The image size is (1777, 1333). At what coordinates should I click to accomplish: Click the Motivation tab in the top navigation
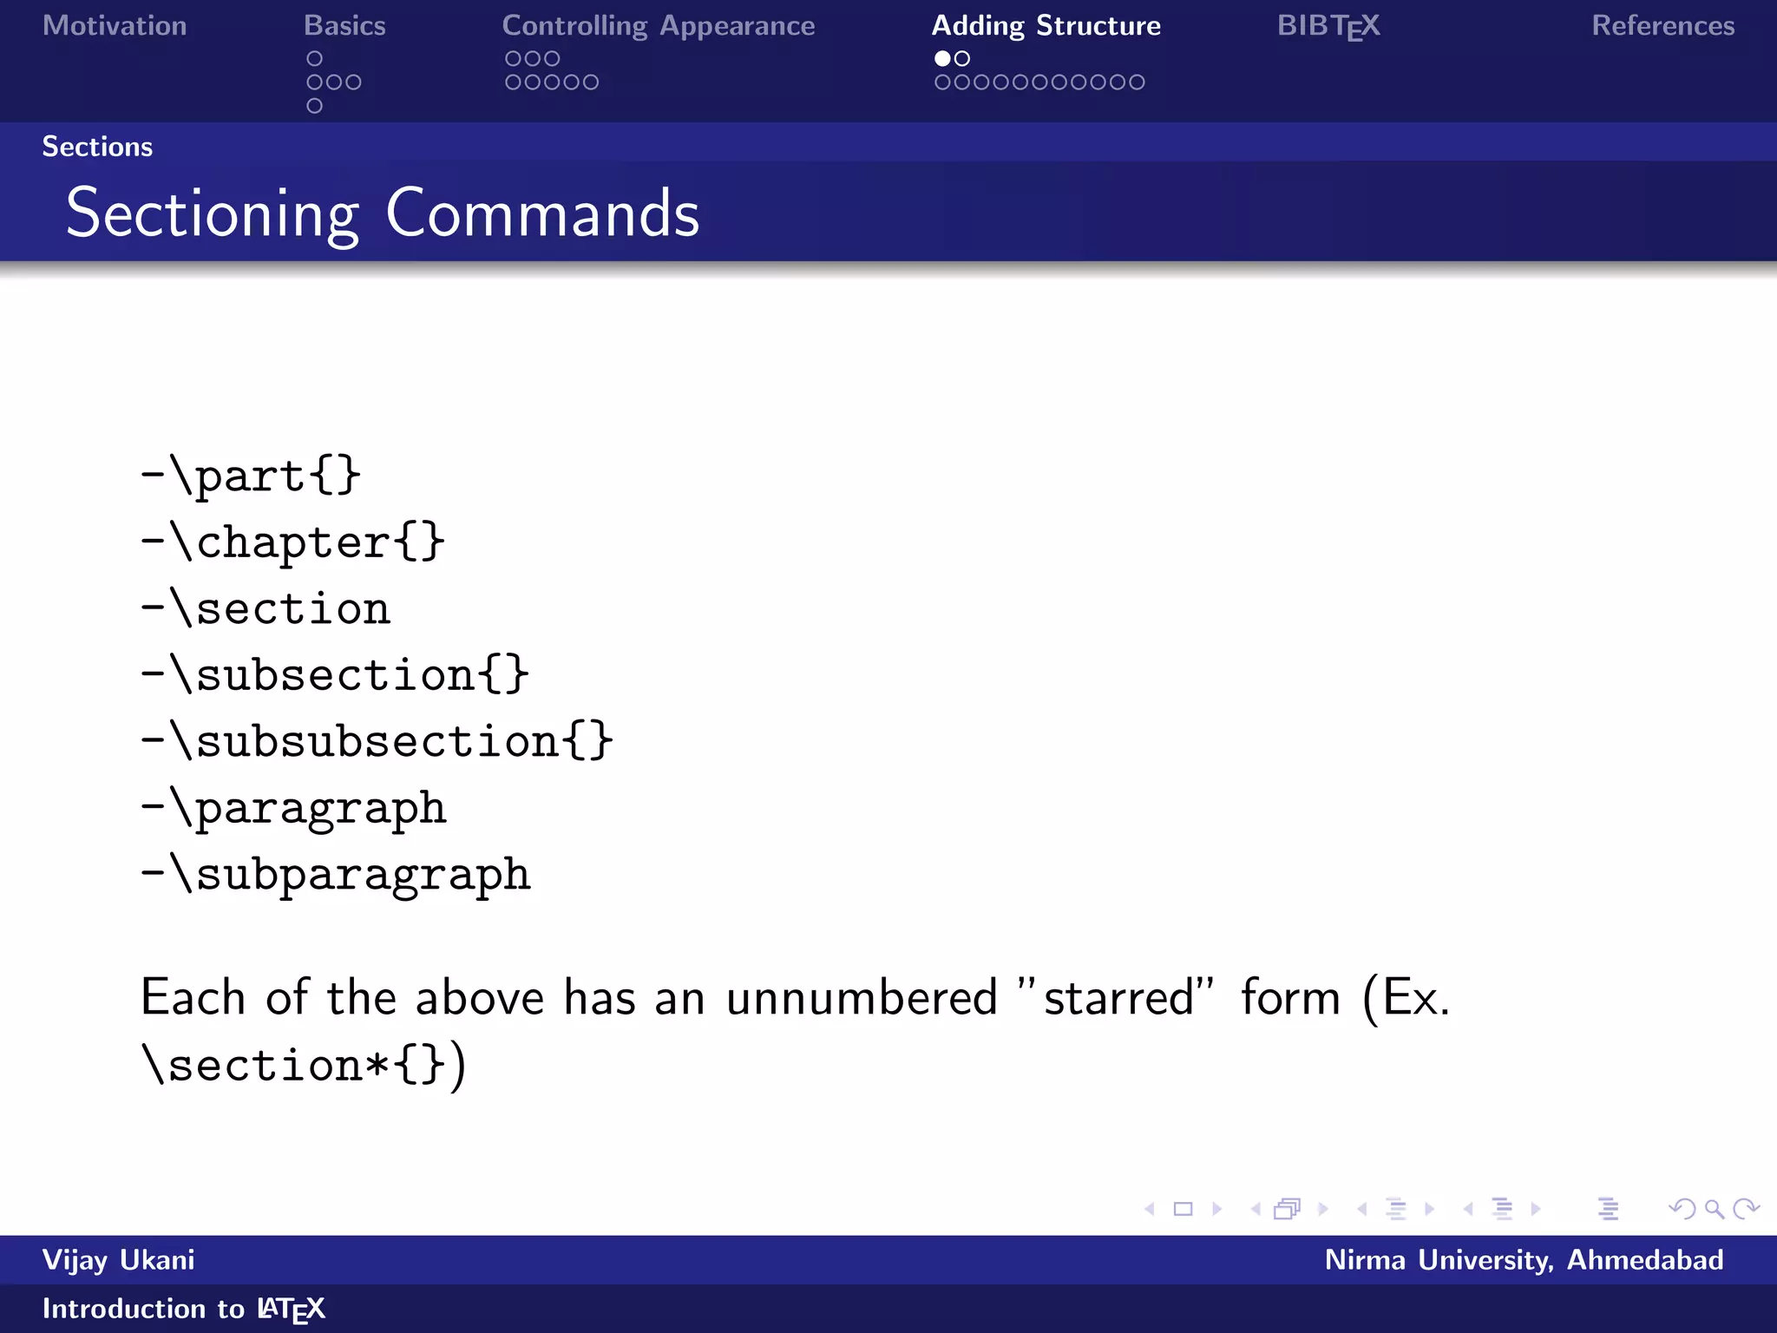(115, 26)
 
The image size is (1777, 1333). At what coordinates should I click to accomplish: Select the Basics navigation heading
(344, 26)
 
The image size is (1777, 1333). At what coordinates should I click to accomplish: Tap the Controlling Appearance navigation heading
(658, 26)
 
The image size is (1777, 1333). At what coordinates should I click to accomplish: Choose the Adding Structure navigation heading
(1046, 26)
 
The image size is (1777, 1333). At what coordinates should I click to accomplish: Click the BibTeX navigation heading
(1328, 26)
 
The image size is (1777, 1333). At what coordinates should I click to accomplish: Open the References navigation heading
(1662, 26)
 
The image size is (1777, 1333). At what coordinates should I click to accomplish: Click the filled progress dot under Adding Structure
(942, 59)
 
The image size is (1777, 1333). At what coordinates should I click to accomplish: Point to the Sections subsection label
(97, 147)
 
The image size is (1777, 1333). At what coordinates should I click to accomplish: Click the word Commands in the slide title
(542, 213)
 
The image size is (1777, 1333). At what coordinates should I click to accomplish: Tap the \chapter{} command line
(293, 542)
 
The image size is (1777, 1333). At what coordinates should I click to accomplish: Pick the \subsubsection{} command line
(377, 741)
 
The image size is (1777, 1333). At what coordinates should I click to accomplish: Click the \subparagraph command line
(336, 874)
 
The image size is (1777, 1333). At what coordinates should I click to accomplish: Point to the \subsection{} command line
(336, 675)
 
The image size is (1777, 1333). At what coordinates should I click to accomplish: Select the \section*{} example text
(295, 1065)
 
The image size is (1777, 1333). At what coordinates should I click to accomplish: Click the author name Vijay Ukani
(119, 1260)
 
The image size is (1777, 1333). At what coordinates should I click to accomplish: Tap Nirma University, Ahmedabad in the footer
(1524, 1260)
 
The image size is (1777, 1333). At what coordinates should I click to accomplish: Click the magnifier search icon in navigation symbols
(1714, 1209)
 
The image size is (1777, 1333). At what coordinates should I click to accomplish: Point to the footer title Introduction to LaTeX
(183, 1309)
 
